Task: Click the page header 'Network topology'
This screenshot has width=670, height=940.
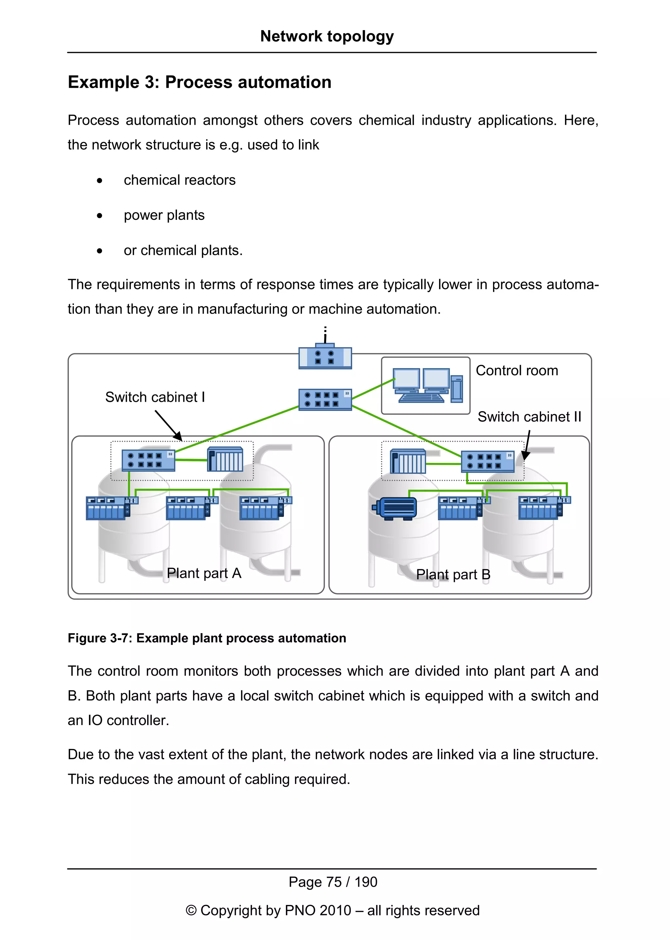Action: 327,36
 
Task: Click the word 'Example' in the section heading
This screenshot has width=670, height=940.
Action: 103,82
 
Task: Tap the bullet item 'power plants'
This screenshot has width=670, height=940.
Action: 164,215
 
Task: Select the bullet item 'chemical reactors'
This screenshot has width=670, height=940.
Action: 180,180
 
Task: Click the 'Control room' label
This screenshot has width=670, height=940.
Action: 517,371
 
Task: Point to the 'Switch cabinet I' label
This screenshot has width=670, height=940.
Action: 155,397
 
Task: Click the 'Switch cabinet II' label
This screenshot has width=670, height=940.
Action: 529,417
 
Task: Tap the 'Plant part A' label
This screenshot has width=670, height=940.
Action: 204,573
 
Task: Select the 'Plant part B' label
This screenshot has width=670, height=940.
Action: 453,575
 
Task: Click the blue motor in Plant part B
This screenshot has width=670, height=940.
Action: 395,508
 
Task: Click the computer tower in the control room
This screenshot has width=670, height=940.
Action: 456,389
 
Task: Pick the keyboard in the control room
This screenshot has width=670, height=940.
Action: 421,398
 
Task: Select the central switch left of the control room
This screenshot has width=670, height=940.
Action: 325,399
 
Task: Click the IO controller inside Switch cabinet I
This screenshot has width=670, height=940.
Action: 225,459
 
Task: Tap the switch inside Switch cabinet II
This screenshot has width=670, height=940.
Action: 488,461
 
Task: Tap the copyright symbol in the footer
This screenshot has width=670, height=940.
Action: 191,910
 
